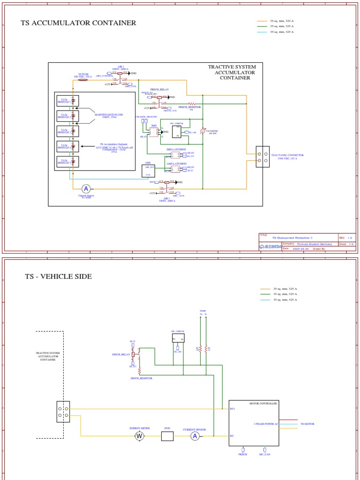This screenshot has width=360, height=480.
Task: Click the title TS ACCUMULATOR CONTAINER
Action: (x=78, y=23)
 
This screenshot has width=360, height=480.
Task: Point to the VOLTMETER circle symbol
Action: (x=202, y=132)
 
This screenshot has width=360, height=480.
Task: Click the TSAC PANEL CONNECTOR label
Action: (x=284, y=157)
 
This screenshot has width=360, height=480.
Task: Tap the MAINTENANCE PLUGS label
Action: (x=109, y=115)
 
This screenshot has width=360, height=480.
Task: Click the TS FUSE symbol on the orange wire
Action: (x=83, y=80)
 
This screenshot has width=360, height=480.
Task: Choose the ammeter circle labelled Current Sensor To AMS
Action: (x=86, y=188)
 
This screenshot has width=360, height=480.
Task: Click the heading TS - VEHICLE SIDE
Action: (x=59, y=277)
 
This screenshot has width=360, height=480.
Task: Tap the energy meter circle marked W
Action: (x=139, y=436)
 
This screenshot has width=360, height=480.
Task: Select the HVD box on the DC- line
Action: (x=167, y=436)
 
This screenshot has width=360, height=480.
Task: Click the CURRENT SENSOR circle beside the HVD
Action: (x=195, y=436)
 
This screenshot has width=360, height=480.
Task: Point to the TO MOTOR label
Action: (x=307, y=424)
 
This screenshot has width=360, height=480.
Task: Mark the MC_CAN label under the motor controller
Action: (x=265, y=454)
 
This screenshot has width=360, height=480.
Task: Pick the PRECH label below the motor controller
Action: (x=242, y=454)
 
